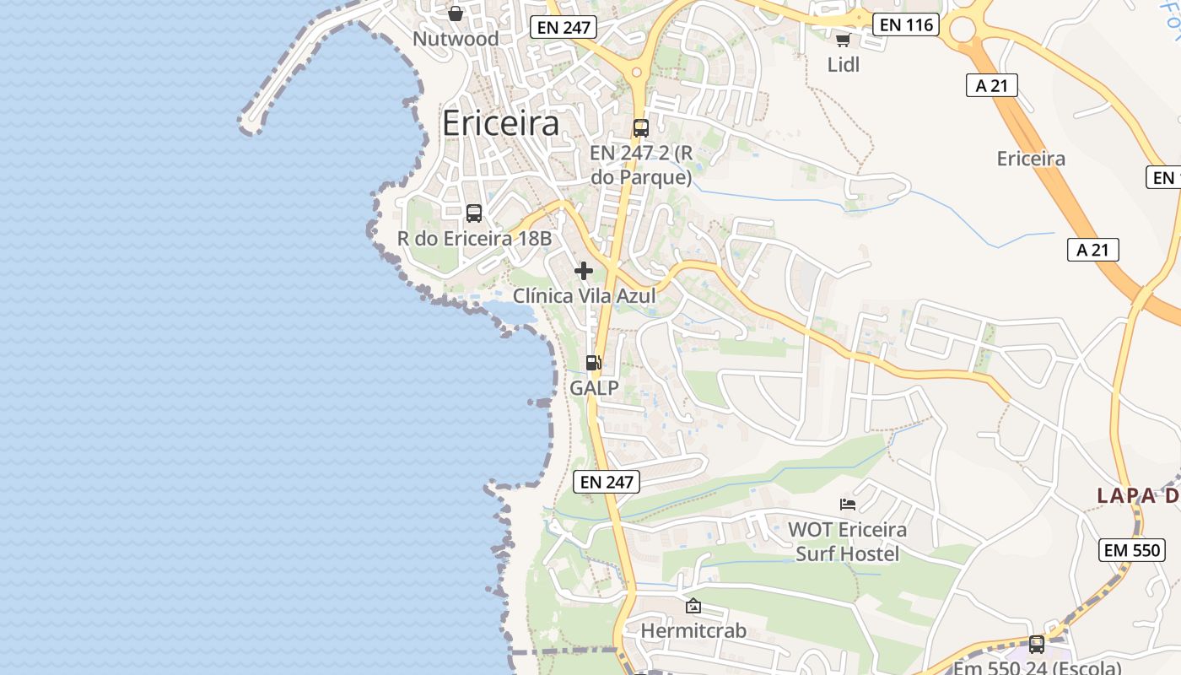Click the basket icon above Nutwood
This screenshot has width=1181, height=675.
456,13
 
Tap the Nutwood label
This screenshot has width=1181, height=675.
456,39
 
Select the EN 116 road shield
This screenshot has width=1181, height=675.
907,24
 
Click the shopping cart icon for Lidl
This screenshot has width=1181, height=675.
843,40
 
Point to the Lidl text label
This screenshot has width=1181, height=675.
843,64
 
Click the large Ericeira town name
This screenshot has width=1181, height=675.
500,123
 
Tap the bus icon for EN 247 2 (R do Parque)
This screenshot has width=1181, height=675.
641,128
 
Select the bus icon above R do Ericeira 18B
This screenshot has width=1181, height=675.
474,213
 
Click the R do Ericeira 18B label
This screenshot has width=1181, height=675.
474,239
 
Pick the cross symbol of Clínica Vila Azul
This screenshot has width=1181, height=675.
584,271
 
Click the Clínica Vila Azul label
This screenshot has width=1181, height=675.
584,296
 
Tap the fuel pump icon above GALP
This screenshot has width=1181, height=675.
594,363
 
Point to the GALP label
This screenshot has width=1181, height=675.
594,388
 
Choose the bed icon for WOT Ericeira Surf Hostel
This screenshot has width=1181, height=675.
848,505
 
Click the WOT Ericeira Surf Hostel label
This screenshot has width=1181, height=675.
847,542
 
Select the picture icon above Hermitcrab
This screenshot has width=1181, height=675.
693,606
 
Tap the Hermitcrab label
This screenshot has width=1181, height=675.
693,631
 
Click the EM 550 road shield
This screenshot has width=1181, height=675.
1132,550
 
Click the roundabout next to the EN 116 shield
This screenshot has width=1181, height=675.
963,30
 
